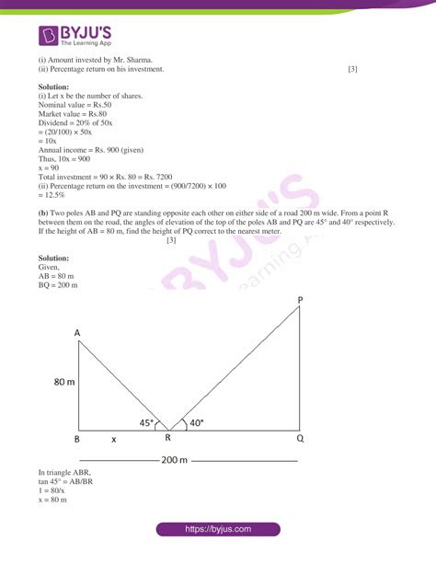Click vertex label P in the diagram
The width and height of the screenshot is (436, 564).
click(301, 301)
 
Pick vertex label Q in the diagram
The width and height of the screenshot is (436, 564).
click(301, 440)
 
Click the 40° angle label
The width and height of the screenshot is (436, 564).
click(195, 424)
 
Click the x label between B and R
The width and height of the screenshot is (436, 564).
click(113, 440)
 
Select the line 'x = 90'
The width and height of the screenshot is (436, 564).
click(49, 167)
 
